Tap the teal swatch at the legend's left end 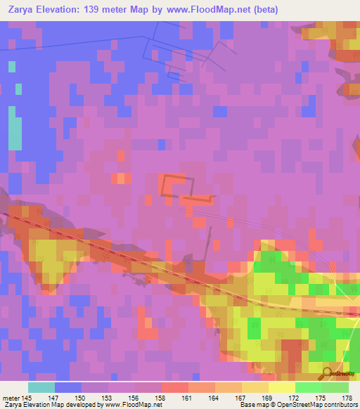[41, 387]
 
